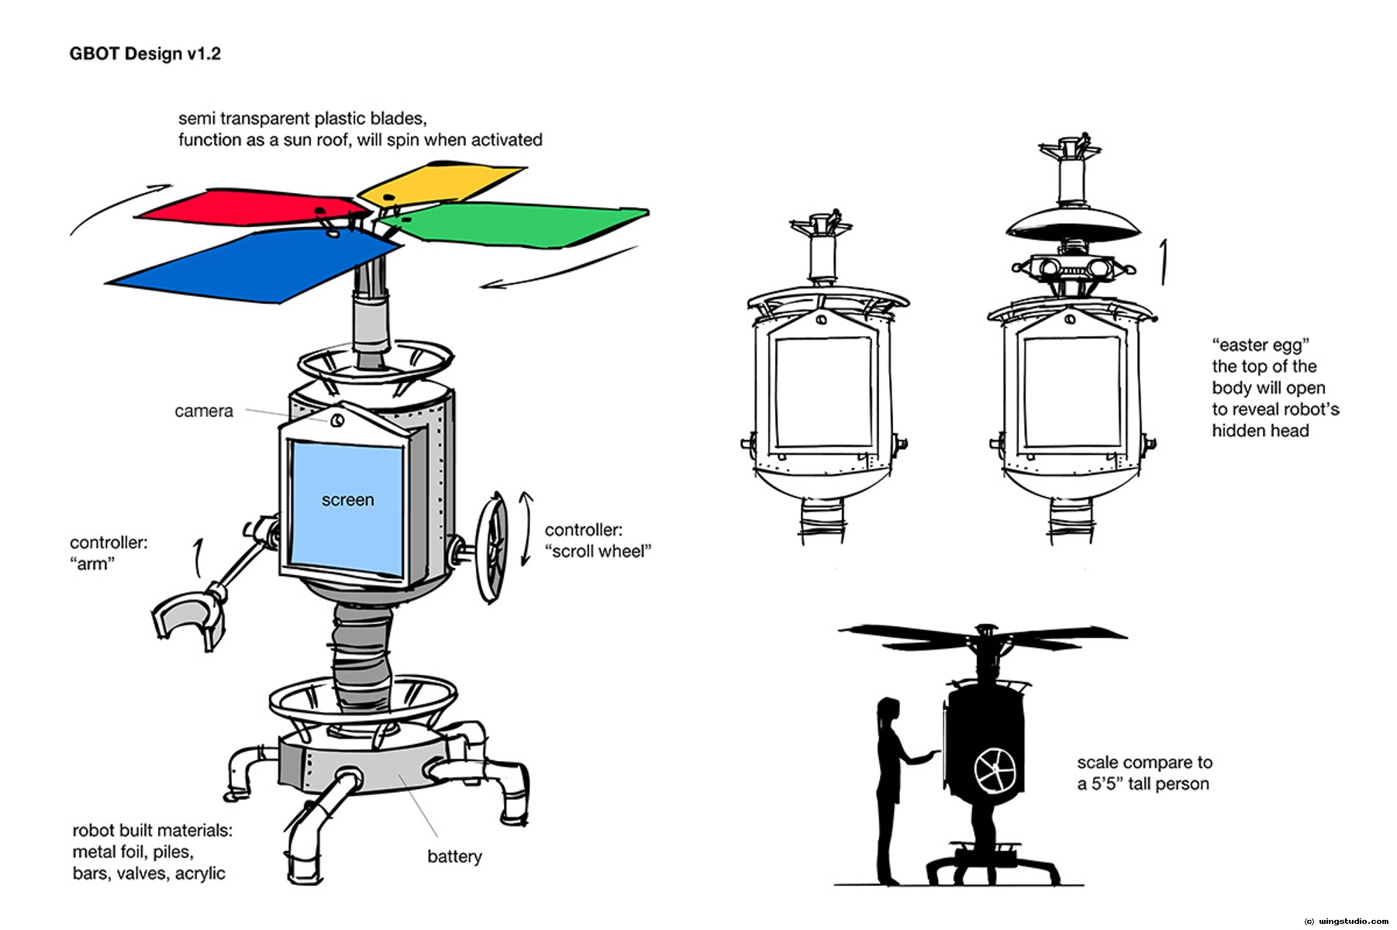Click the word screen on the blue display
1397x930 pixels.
[x=347, y=501]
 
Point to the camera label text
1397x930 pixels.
[x=203, y=412]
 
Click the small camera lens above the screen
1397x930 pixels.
[x=337, y=421]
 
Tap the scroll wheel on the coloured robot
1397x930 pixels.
[x=492, y=547]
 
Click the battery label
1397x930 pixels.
[x=454, y=856]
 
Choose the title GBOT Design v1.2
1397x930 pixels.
[x=145, y=53]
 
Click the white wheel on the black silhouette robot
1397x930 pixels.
[x=995, y=770]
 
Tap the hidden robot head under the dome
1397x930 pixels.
[x=1073, y=267]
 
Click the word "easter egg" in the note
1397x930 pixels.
[x=1261, y=345]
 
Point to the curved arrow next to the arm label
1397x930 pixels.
[x=198, y=557]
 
